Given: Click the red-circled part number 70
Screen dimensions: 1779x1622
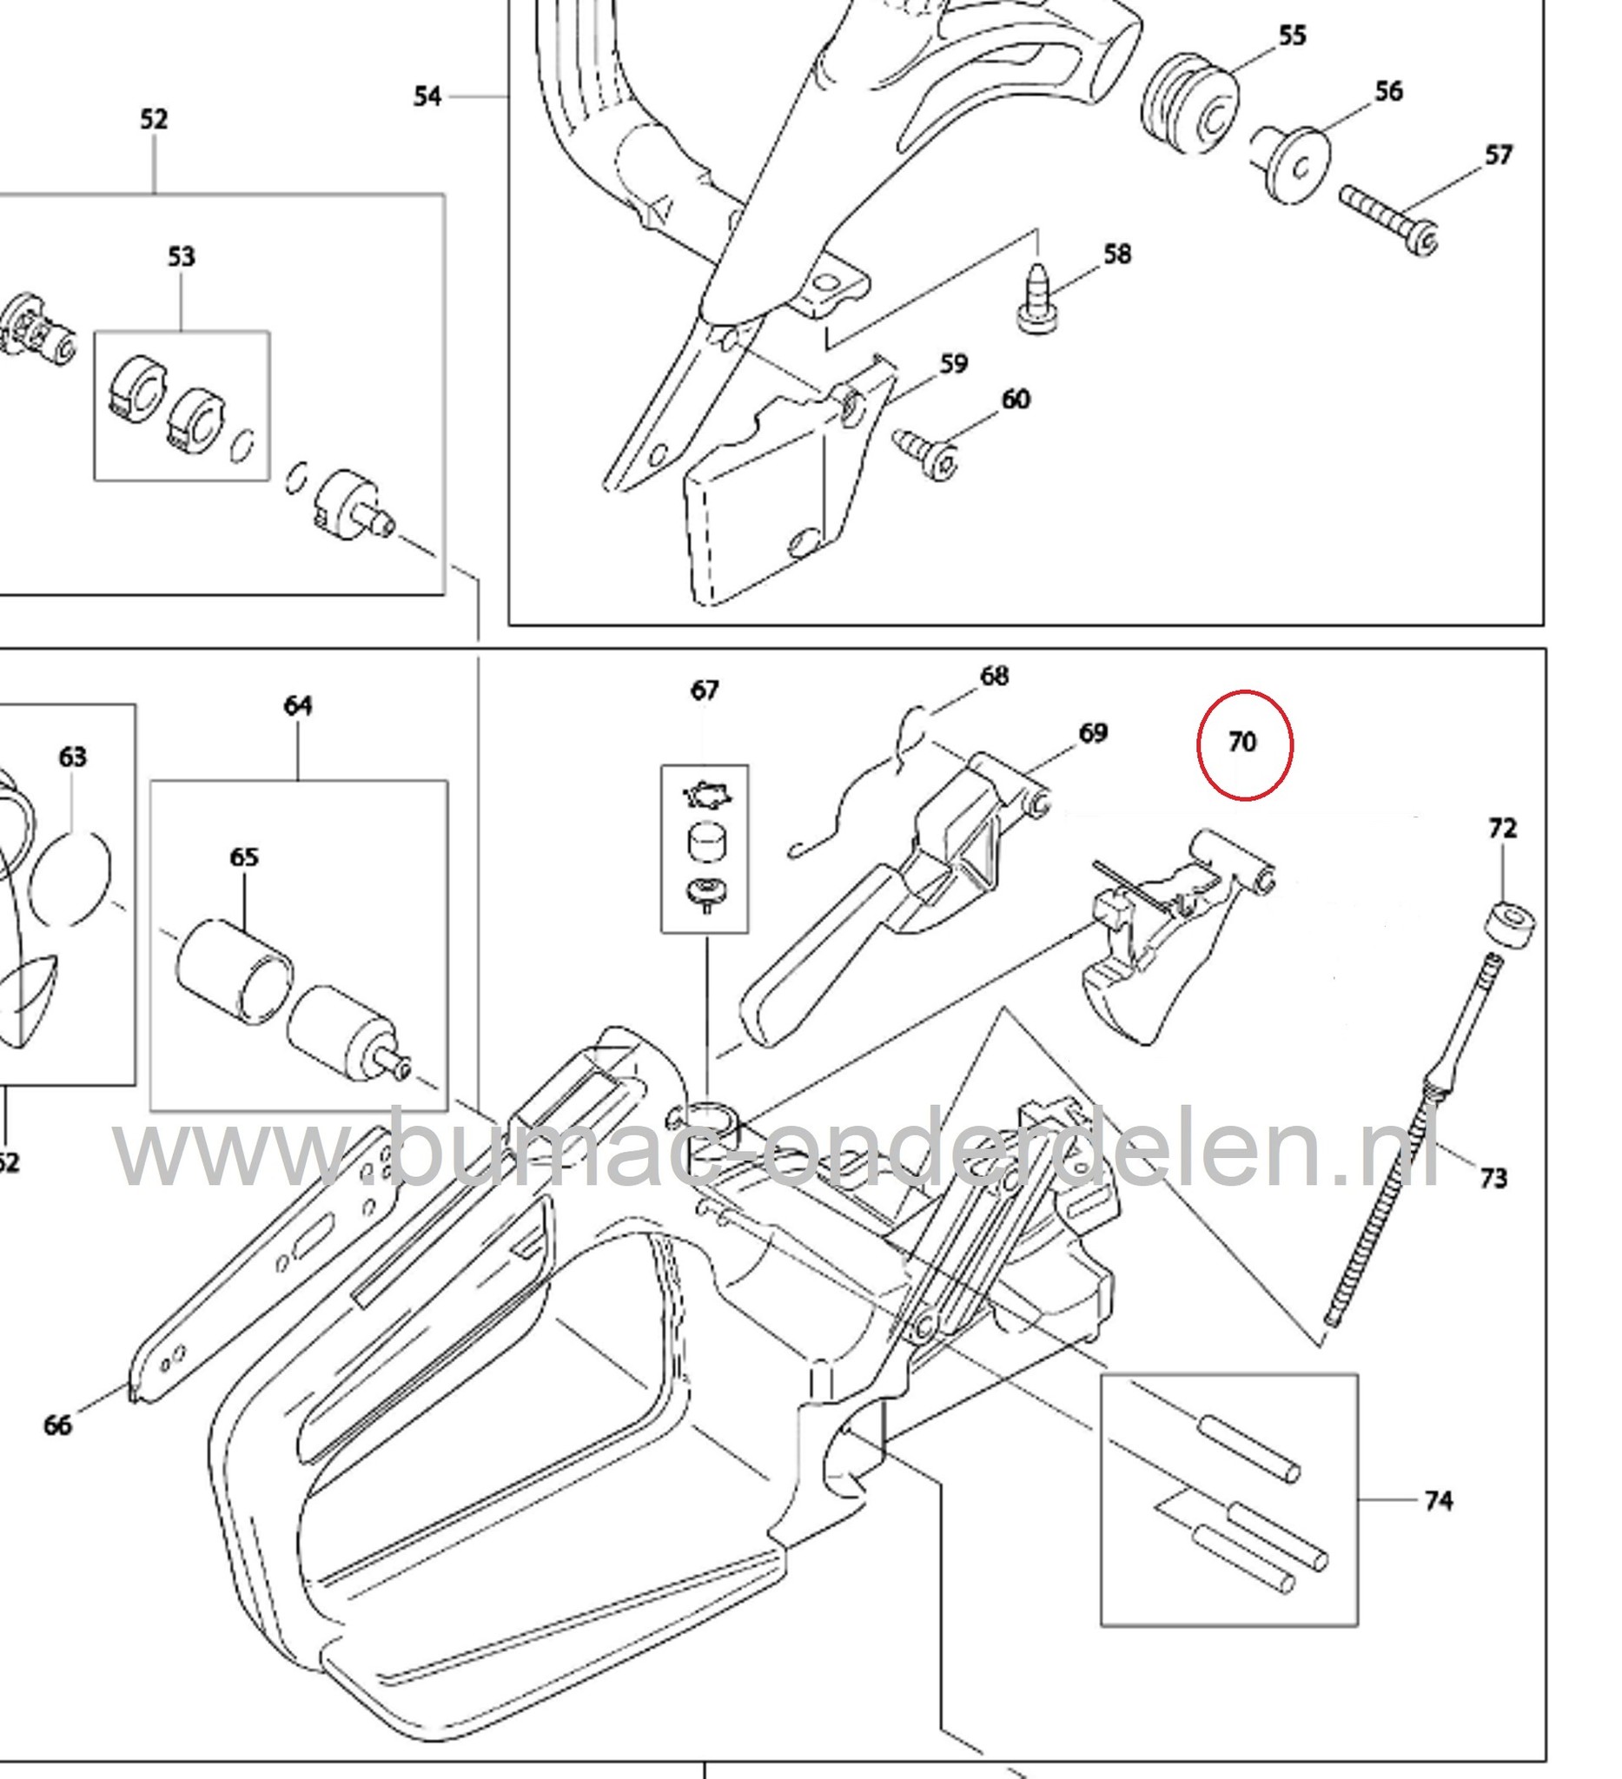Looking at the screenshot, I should [x=1242, y=743].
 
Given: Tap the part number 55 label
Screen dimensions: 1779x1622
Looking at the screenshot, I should [x=1292, y=36].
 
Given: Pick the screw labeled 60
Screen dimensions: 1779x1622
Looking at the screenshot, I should [x=927, y=453].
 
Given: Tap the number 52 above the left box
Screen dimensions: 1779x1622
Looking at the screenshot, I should [x=154, y=119].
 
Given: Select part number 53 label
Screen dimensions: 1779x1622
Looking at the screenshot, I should [x=181, y=257].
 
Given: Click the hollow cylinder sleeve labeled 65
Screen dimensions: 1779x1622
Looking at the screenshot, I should [x=234, y=971].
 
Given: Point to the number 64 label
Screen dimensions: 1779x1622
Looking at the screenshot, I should [x=298, y=706].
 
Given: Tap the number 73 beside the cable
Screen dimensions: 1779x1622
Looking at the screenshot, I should [x=1493, y=1178].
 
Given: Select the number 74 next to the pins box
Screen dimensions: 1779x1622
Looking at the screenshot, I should [x=1439, y=1500].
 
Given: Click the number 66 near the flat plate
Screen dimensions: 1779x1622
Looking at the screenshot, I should [x=57, y=1425].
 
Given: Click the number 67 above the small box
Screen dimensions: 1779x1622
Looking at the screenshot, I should [x=705, y=690].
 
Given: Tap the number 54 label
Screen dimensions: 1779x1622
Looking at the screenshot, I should [x=428, y=96].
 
